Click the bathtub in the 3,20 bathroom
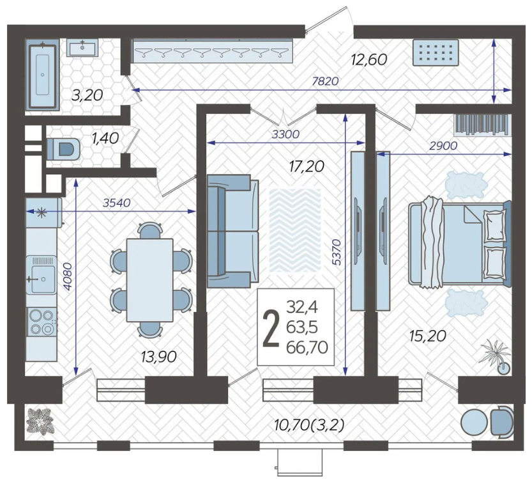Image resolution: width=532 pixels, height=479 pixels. [42, 75]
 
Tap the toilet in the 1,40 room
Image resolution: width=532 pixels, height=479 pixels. [63, 148]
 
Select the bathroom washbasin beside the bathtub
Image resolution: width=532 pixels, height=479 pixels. [82, 47]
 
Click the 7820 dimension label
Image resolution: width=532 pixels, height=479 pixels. [326, 81]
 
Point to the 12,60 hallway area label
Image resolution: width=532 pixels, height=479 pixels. [369, 59]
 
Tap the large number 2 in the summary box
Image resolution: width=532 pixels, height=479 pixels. [271, 329]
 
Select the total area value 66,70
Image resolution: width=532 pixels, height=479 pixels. [307, 347]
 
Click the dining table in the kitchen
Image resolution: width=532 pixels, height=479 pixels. [149, 280]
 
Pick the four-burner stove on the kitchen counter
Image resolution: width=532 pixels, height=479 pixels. [42, 322]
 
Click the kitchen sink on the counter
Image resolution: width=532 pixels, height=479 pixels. [42, 274]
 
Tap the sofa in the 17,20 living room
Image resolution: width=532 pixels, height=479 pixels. [232, 231]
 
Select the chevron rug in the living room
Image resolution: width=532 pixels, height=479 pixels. [295, 230]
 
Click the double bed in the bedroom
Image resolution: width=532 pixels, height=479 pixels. [460, 243]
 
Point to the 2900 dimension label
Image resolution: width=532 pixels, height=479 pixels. [443, 146]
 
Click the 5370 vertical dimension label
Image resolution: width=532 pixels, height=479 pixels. [336, 253]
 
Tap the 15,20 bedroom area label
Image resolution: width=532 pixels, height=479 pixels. [427, 336]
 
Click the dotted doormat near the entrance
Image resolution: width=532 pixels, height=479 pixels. [436, 52]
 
